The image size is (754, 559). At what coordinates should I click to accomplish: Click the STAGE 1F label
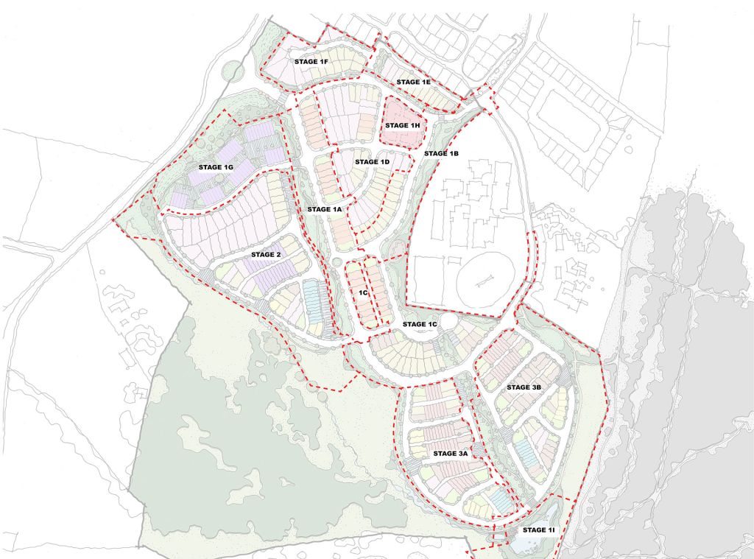pyautogui.click(x=311, y=61)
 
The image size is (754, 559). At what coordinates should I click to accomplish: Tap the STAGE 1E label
pyautogui.click(x=413, y=82)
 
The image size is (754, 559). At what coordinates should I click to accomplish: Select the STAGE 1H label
pyautogui.click(x=402, y=126)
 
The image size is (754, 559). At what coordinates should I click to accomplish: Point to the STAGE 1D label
pyautogui.click(x=372, y=162)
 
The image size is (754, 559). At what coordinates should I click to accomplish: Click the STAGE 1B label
pyautogui.click(x=441, y=153)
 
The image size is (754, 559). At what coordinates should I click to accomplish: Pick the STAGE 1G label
pyautogui.click(x=215, y=168)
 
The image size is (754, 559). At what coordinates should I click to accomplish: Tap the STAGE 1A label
pyautogui.click(x=325, y=210)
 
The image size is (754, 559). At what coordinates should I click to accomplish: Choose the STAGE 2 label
pyautogui.click(x=266, y=255)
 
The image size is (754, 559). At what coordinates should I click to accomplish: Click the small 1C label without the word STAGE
pyautogui.click(x=363, y=292)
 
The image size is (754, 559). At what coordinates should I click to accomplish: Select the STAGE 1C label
pyautogui.click(x=420, y=324)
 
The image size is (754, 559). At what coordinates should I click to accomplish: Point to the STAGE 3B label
pyautogui.click(x=524, y=387)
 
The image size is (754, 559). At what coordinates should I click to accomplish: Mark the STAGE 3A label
pyautogui.click(x=451, y=454)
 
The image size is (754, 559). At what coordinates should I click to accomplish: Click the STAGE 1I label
pyautogui.click(x=540, y=530)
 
